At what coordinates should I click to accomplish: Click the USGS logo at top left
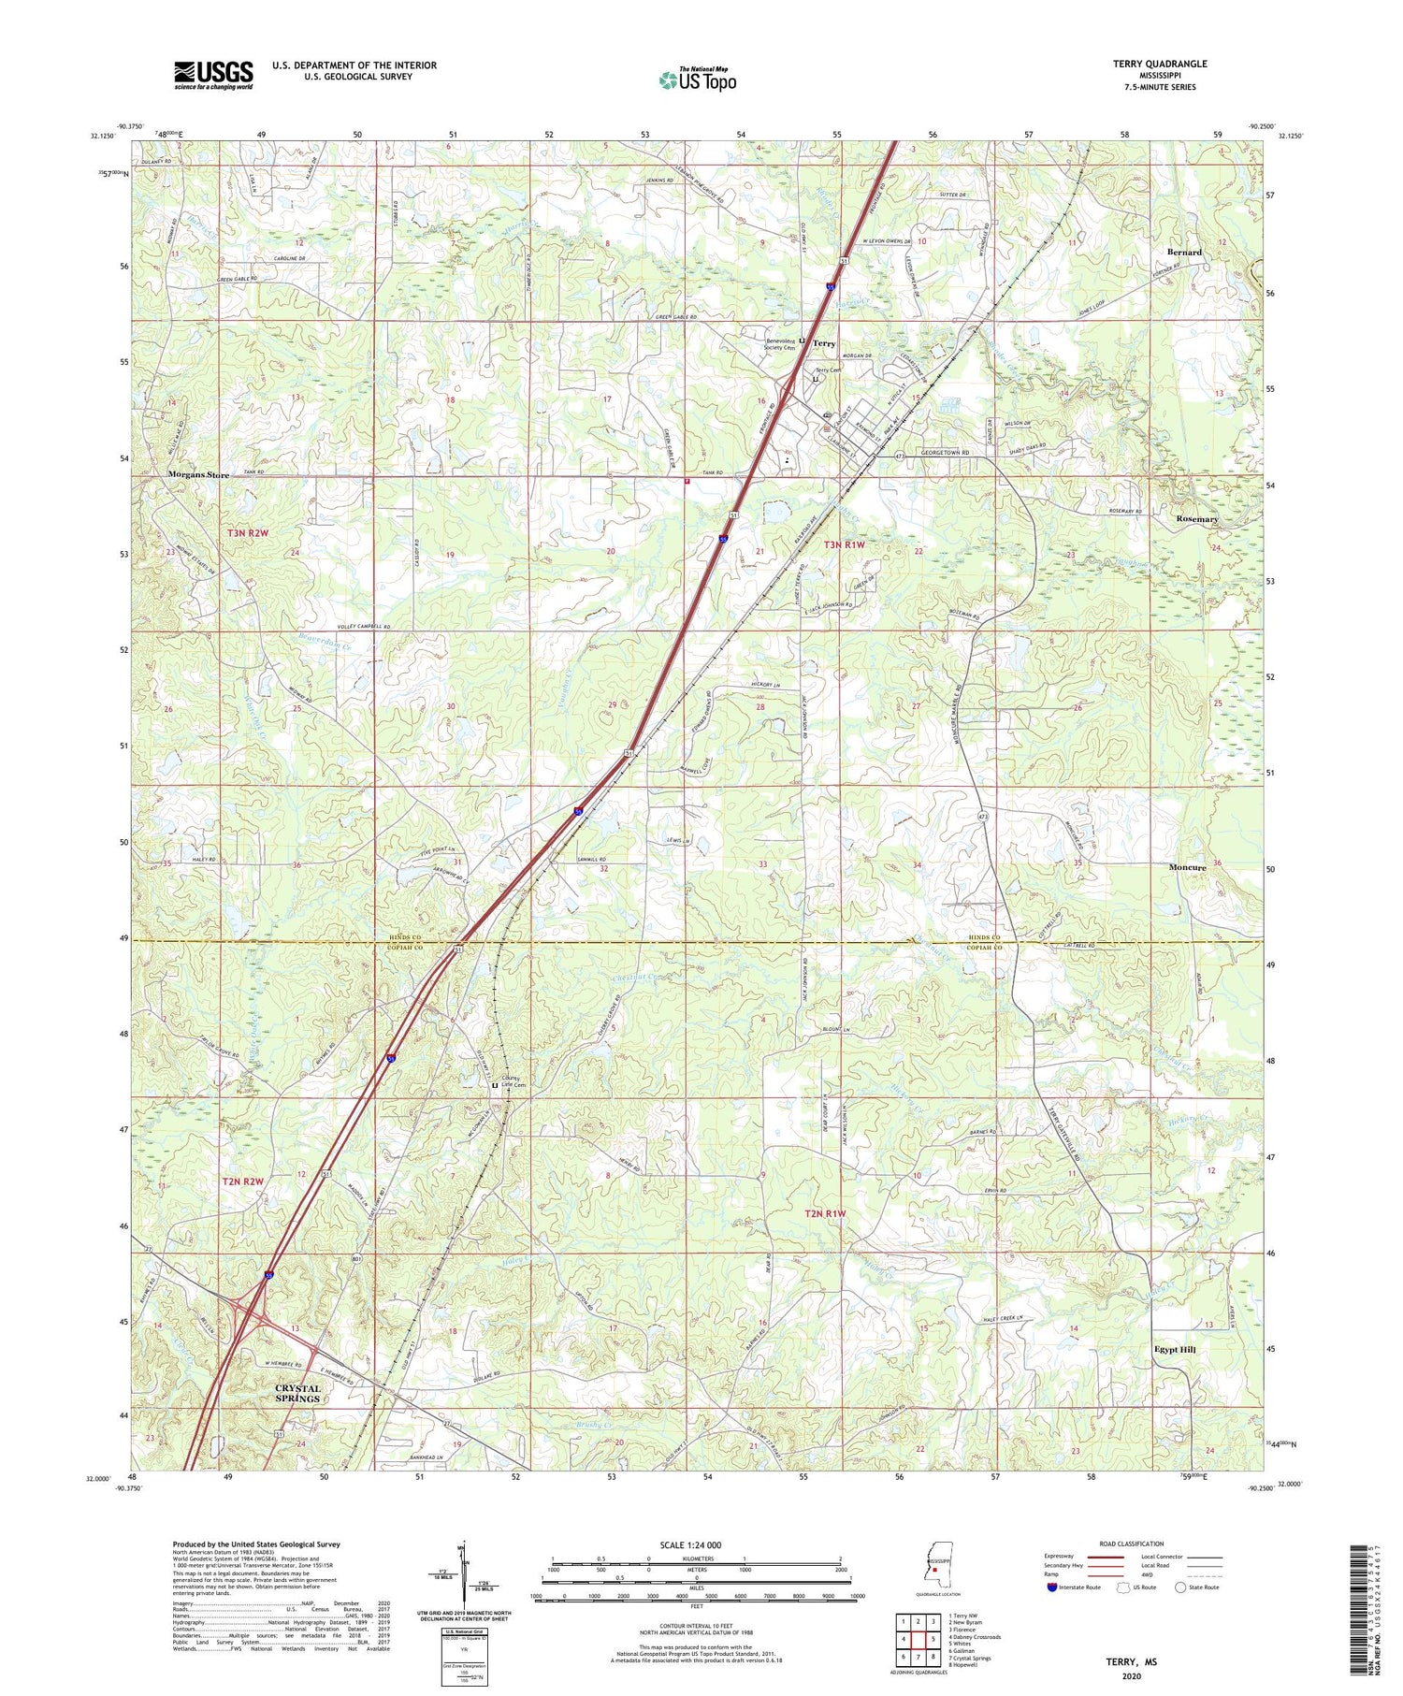(x=213, y=75)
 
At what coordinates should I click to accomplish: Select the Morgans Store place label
(x=198, y=475)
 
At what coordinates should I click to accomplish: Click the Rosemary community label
(x=1197, y=519)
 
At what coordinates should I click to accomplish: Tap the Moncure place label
(x=1187, y=867)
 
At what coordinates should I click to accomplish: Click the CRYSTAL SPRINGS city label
(x=297, y=1393)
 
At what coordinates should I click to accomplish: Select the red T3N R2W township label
(x=248, y=533)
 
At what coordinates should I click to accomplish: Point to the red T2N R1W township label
(x=825, y=1213)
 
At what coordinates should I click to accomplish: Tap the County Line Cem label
(x=513, y=1081)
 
